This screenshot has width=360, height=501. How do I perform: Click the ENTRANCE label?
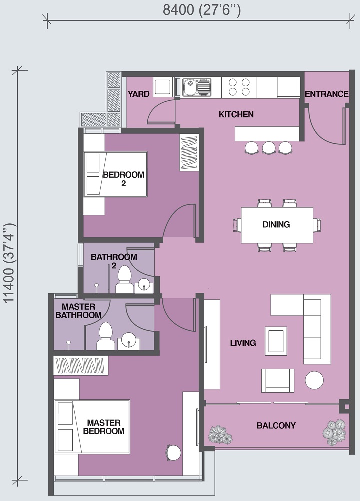(x=327, y=94)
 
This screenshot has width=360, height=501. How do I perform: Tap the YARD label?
(x=139, y=94)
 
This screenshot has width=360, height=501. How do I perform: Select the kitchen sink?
(x=197, y=87)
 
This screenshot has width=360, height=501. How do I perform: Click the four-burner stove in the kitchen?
(x=239, y=87)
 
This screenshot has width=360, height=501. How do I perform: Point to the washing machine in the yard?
(x=163, y=87)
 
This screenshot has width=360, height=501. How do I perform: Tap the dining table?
(x=277, y=225)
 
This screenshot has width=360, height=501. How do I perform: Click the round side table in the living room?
(x=314, y=380)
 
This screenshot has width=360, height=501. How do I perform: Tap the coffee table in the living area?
(x=276, y=341)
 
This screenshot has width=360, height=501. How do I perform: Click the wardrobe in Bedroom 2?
(x=189, y=152)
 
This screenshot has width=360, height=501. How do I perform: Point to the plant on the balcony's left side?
(x=220, y=434)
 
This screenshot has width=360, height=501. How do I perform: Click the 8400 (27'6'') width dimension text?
(x=202, y=10)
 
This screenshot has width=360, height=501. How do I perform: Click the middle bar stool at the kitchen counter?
(x=269, y=147)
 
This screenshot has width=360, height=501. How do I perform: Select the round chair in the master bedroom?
(x=173, y=453)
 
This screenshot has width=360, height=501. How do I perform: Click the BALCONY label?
(x=276, y=425)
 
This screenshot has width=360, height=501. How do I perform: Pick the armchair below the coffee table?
(x=277, y=381)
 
